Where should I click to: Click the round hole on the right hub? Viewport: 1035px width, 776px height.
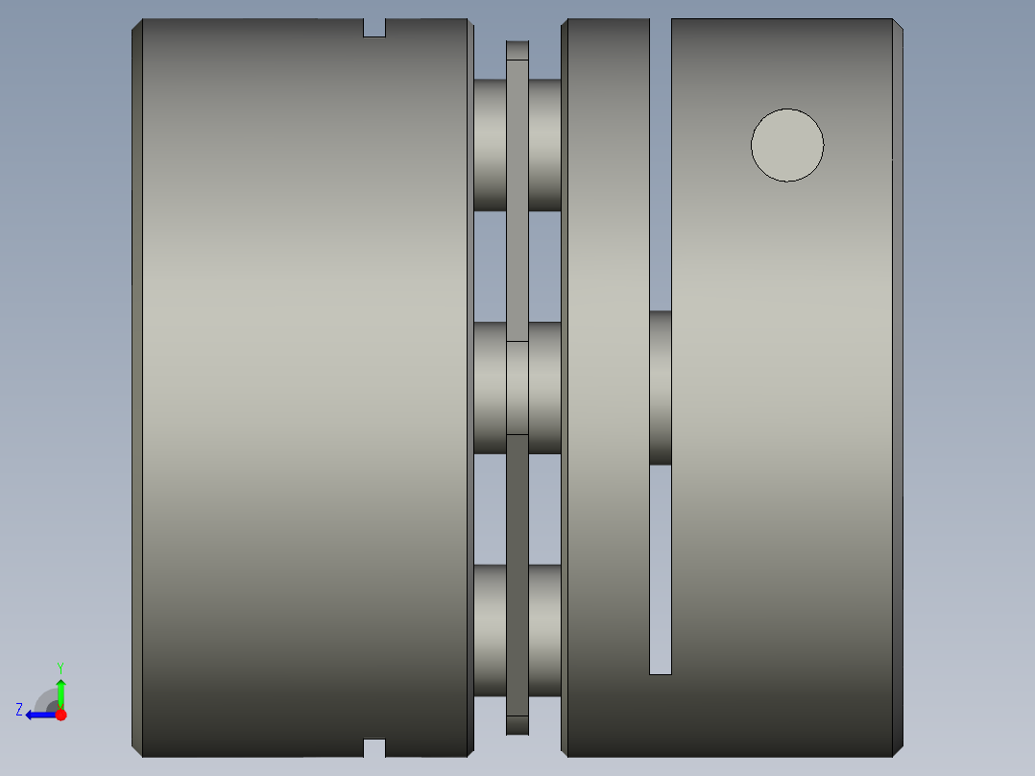(787, 145)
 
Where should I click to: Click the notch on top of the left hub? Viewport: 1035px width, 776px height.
(374, 27)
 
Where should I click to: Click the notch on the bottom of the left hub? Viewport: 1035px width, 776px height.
(374, 747)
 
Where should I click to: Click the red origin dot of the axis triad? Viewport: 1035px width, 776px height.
(60, 715)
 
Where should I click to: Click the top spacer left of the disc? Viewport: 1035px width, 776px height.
(490, 145)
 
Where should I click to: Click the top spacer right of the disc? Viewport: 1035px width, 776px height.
(544, 145)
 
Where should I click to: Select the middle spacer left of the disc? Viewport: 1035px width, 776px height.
(490, 387)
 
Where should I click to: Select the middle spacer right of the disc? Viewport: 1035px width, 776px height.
(544, 387)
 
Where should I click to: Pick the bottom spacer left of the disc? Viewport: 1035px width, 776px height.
(490, 630)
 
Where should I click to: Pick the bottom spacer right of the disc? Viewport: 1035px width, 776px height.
(544, 630)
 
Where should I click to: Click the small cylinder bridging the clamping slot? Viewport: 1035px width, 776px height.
(661, 387)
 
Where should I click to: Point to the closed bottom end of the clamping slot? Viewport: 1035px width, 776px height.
(661, 670)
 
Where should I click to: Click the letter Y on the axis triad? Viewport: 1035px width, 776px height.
(60, 667)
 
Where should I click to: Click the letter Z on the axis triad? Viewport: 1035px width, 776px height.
(19, 709)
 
